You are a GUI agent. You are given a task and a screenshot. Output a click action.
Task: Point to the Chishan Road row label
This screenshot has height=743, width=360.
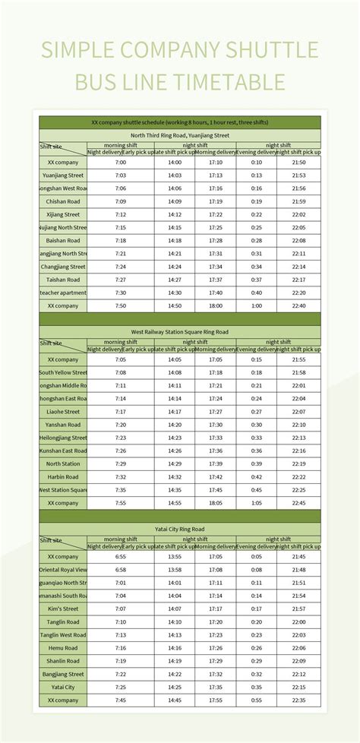[x=63, y=201]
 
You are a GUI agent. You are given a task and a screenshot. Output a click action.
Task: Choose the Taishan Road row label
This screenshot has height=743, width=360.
[x=63, y=280]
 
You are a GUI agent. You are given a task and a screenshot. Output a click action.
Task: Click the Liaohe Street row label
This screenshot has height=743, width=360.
[x=63, y=412]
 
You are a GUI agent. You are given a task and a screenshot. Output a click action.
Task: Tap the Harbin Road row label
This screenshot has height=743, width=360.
[x=63, y=477]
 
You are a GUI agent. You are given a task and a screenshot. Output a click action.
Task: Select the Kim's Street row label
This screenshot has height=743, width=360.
[x=63, y=609]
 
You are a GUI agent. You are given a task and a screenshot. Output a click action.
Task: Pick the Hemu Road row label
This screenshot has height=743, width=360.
[x=63, y=648]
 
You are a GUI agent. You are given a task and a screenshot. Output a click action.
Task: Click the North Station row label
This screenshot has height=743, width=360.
[x=63, y=463]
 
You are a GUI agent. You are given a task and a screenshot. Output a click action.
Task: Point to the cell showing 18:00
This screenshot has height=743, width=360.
[x=215, y=305]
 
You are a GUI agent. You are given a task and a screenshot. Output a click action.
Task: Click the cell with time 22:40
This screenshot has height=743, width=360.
[x=298, y=305]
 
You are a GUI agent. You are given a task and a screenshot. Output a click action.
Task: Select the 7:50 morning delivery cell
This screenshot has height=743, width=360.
[x=121, y=305]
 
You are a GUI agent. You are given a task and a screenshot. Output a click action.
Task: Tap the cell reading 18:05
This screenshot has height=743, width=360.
[x=215, y=503]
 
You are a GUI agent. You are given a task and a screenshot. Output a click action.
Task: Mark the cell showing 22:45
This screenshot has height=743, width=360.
[x=298, y=503]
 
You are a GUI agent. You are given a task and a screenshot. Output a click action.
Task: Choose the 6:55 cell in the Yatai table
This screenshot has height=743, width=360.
[x=121, y=557]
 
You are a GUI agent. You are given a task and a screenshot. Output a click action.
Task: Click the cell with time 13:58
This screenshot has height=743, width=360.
[x=175, y=570]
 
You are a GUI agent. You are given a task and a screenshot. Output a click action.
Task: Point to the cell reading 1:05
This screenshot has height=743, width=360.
[x=256, y=503]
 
